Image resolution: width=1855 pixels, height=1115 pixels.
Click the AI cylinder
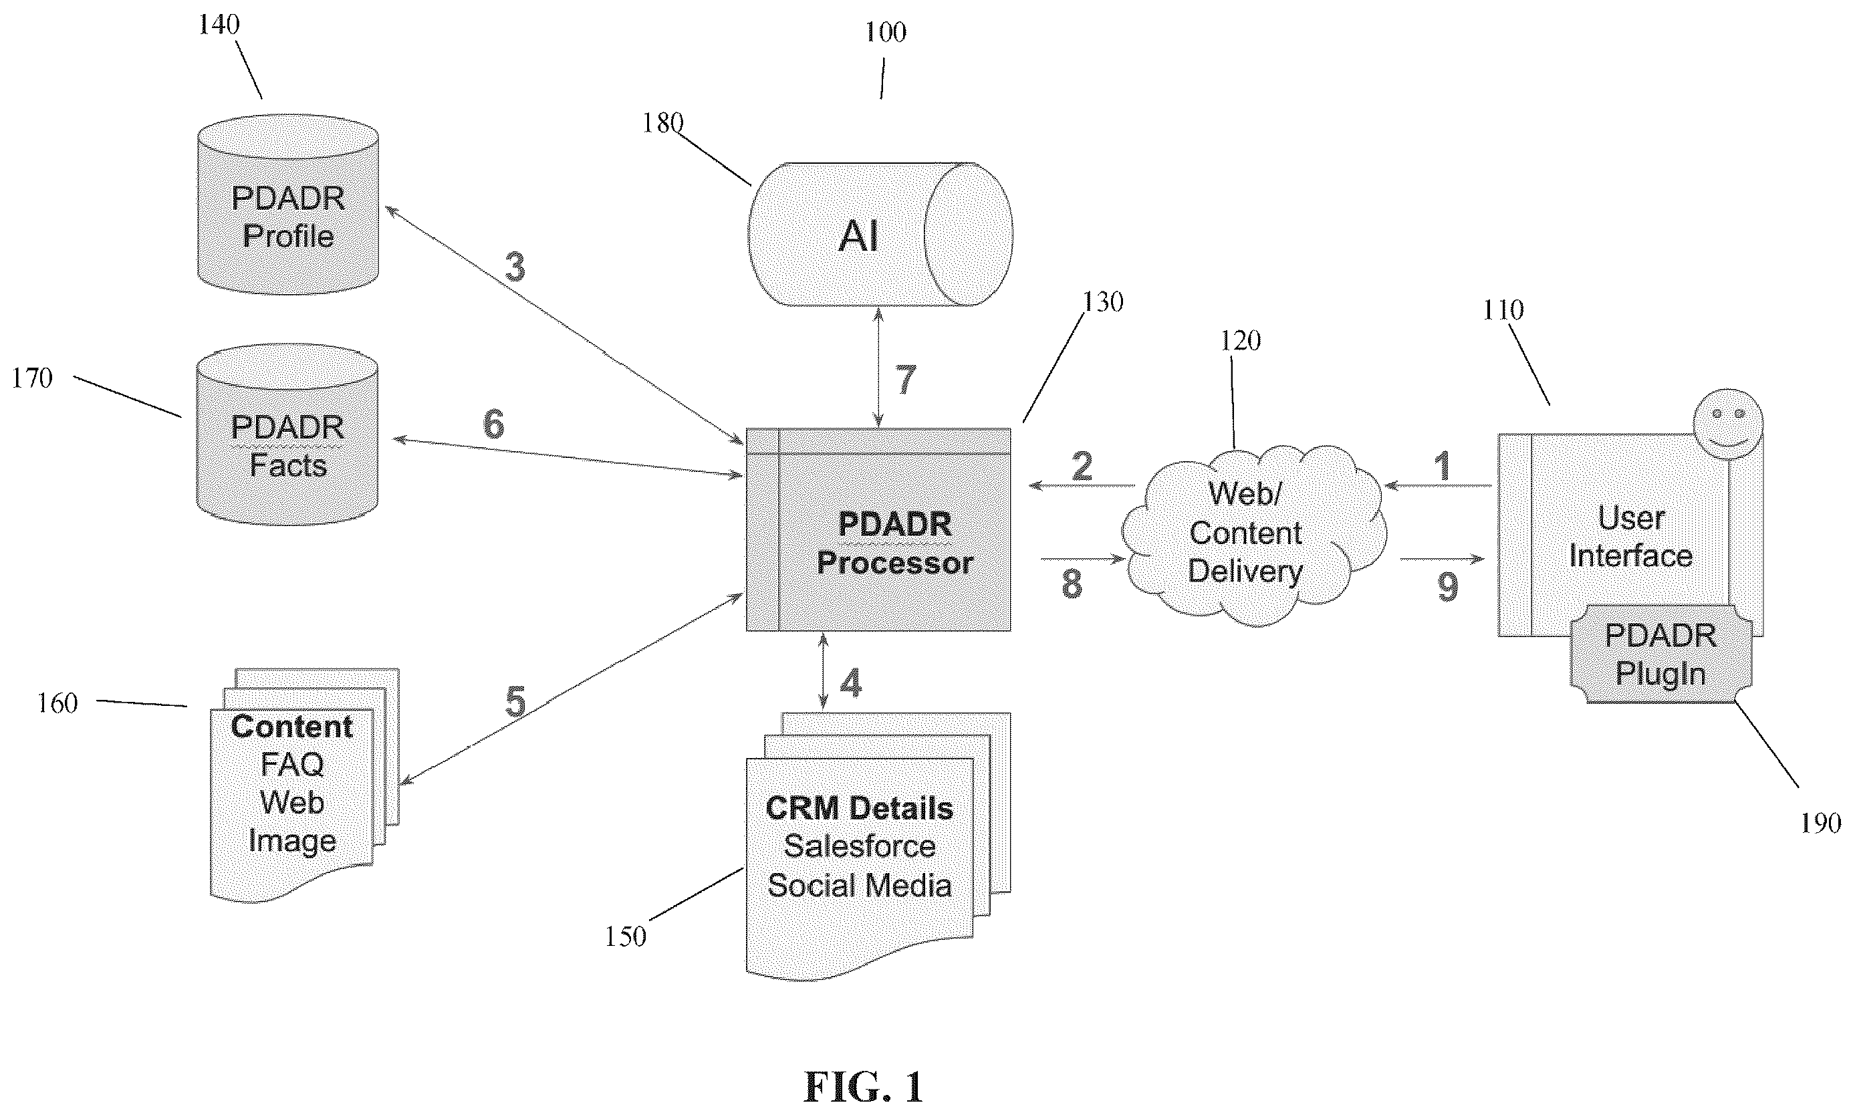pyautogui.click(x=880, y=235)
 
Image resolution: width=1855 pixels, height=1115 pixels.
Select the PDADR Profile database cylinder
pyautogui.click(x=287, y=205)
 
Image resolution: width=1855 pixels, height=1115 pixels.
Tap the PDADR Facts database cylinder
pyautogui.click(x=287, y=435)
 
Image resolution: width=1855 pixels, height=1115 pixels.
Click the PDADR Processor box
pyautogui.click(x=878, y=529)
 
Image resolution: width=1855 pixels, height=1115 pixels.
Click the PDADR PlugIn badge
pyautogui.click(x=1661, y=654)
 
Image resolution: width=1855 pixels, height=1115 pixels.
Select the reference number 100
pyautogui.click(x=885, y=32)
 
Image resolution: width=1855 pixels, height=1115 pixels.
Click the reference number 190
pyautogui.click(x=1820, y=824)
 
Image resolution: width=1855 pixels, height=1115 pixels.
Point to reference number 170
pyautogui.click(x=32, y=378)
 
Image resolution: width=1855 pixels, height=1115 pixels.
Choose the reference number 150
pyautogui.click(x=625, y=937)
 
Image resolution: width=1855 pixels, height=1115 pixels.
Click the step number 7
pyautogui.click(x=905, y=380)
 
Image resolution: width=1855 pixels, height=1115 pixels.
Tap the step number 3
pyautogui.click(x=515, y=267)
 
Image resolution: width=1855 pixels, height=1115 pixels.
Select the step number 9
pyautogui.click(x=1448, y=588)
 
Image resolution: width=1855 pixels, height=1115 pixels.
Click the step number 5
pyautogui.click(x=515, y=703)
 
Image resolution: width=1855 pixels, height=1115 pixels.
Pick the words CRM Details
pyautogui.click(x=860, y=808)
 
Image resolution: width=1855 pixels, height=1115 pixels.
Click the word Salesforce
pyautogui.click(x=860, y=846)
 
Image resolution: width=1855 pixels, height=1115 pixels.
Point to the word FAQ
pyautogui.click(x=292, y=764)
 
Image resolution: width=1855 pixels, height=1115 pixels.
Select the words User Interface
pyautogui.click(x=1630, y=537)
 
